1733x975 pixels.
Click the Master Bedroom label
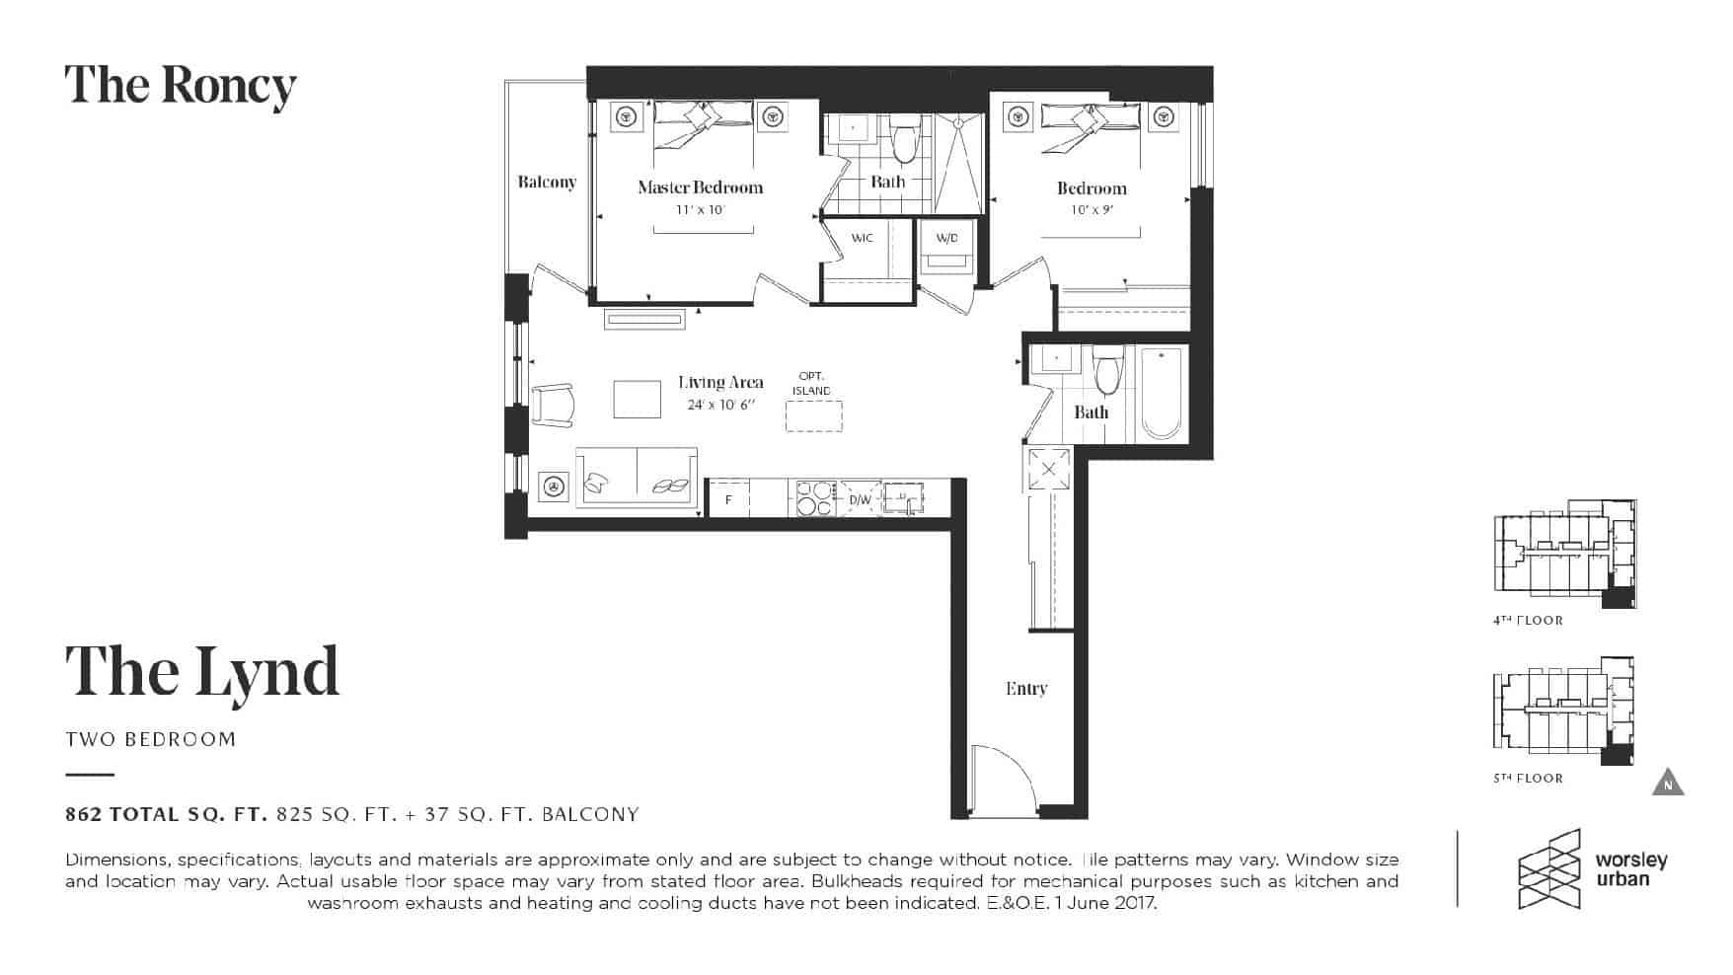coord(700,187)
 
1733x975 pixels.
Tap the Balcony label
coord(547,182)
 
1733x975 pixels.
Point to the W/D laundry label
coord(946,238)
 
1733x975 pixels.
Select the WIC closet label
coord(862,238)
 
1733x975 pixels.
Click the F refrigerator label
coord(728,500)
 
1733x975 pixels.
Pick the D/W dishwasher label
coord(861,500)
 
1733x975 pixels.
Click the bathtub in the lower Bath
coord(1162,393)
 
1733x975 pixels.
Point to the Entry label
coord(1026,689)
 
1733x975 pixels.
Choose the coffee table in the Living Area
coord(638,400)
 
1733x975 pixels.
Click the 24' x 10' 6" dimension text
coord(720,405)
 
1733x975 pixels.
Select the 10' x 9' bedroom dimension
coord(1092,210)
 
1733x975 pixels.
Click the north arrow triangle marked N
coord(1668,782)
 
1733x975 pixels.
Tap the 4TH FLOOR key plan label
coord(1528,621)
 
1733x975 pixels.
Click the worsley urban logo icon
coord(1549,868)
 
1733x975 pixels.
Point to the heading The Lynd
coord(202,671)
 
